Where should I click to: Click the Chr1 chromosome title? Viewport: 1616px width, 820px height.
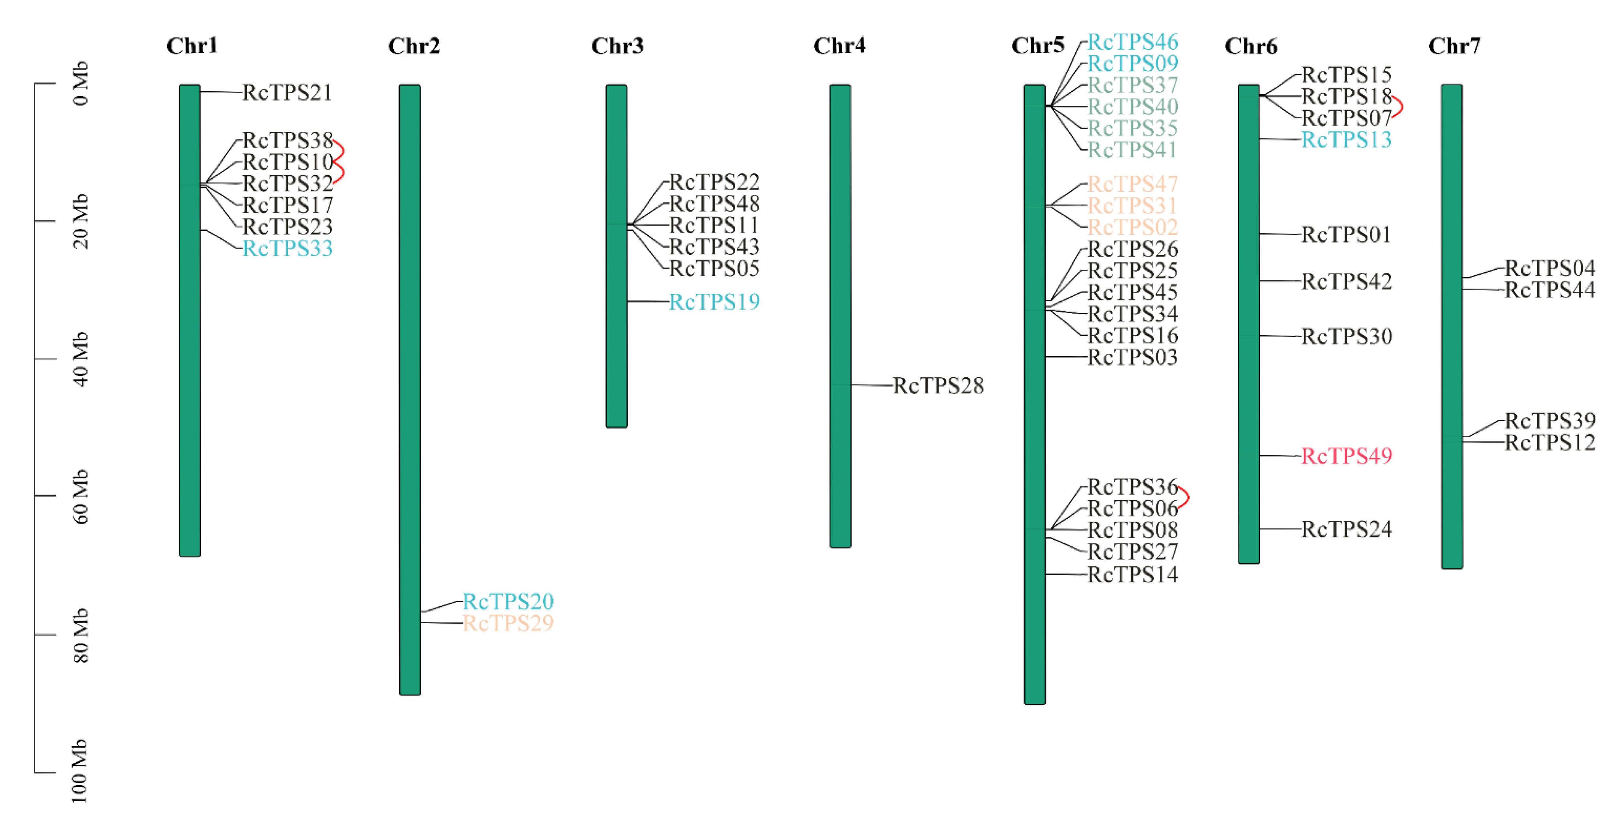pyautogui.click(x=192, y=46)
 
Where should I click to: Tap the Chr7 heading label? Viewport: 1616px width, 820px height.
pyautogui.click(x=1454, y=46)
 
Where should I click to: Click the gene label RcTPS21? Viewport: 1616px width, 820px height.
pyautogui.click(x=287, y=93)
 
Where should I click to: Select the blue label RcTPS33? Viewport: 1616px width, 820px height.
pyautogui.click(x=287, y=248)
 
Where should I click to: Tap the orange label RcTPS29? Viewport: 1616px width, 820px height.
pyautogui.click(x=508, y=623)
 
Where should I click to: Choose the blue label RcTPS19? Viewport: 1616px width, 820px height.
pyautogui.click(x=715, y=302)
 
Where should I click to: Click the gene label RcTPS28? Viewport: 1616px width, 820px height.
pyautogui.click(x=938, y=385)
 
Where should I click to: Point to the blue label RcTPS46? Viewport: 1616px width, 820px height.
pyautogui.click(x=1132, y=42)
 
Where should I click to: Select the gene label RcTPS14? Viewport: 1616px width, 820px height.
pyautogui.click(x=1132, y=574)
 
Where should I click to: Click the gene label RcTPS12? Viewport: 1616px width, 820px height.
pyautogui.click(x=1549, y=442)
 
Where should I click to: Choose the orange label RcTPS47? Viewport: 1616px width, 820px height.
pyautogui.click(x=1132, y=185)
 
